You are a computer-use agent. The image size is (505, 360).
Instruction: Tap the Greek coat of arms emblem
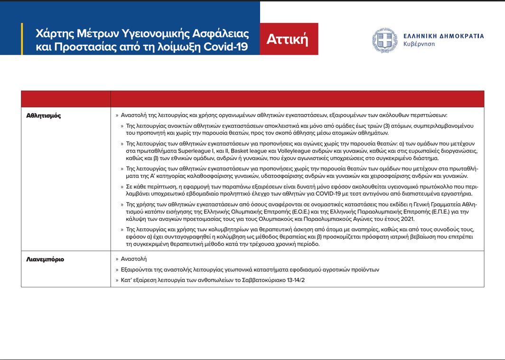click(384, 40)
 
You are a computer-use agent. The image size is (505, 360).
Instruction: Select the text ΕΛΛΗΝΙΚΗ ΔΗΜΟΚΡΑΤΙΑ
click(443, 36)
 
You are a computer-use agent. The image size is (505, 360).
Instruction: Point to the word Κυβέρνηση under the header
click(419, 44)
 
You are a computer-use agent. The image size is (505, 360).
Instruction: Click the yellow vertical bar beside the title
click(22, 39)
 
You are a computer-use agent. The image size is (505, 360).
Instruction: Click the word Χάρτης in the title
click(54, 34)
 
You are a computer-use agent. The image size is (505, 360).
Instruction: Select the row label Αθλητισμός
click(43, 115)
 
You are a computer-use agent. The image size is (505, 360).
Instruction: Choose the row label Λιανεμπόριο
click(45, 259)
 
